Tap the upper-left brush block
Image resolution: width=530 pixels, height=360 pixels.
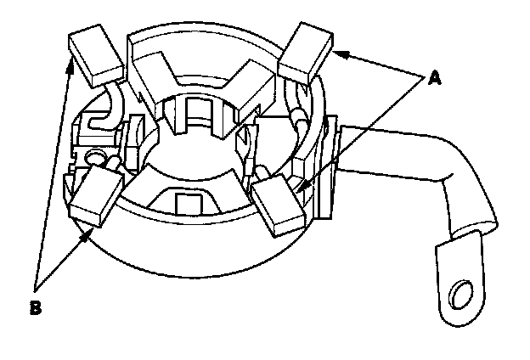94,55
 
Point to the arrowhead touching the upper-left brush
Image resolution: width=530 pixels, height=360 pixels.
67,57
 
